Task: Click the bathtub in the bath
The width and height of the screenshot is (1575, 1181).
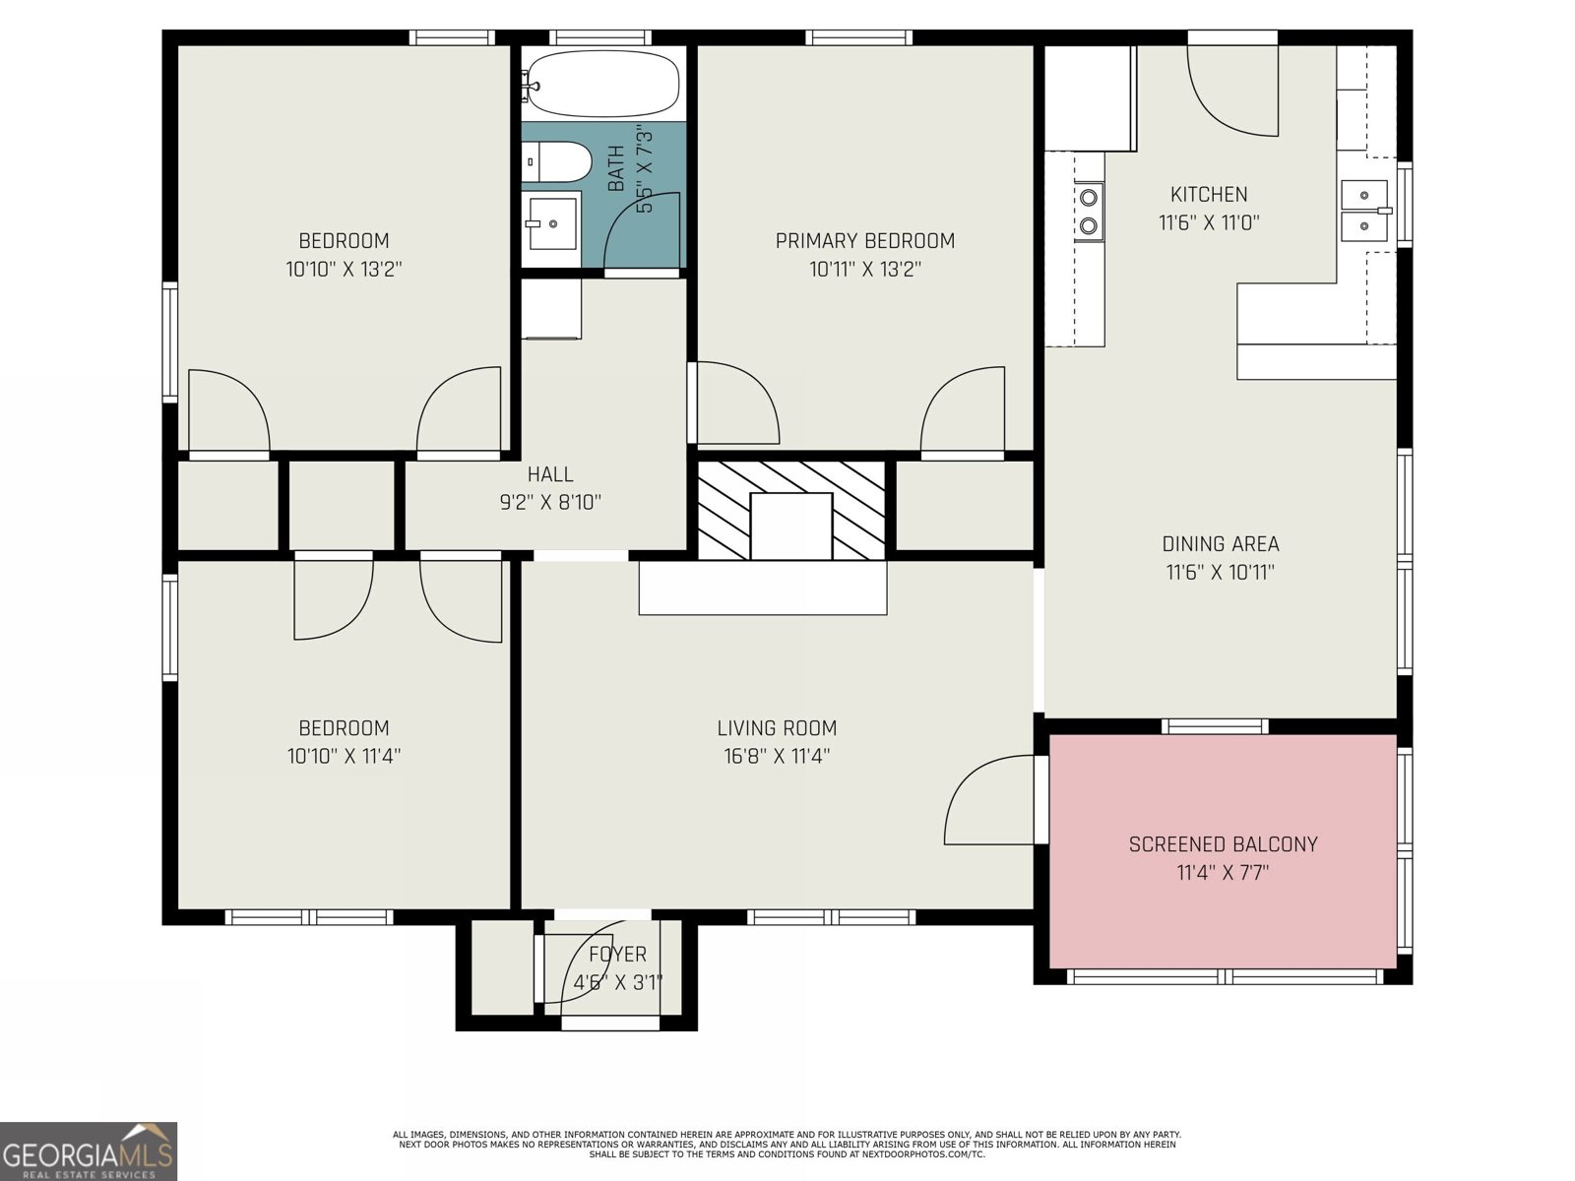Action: click(x=602, y=84)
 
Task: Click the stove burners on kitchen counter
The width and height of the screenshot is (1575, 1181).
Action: click(x=1089, y=212)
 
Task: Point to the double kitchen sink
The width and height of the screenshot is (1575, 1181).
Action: click(x=1364, y=211)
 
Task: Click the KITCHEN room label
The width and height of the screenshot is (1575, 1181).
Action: click(x=1209, y=195)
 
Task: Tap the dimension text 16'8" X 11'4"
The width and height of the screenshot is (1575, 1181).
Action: click(x=777, y=756)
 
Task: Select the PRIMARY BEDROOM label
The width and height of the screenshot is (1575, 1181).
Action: click(x=864, y=241)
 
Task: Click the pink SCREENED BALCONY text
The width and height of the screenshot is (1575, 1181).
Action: click(x=1223, y=844)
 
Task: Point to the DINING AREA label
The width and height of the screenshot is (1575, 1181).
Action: click(x=1221, y=544)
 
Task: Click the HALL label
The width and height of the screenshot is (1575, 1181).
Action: click(x=549, y=474)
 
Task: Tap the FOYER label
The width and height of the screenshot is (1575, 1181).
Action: click(x=617, y=954)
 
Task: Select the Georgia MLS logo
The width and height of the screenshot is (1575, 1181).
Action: click(x=88, y=1150)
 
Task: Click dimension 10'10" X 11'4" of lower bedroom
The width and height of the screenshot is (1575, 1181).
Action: click(x=344, y=756)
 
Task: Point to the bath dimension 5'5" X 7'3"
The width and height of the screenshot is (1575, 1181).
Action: click(x=645, y=167)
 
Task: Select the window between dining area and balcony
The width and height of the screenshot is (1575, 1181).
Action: click(x=1215, y=726)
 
